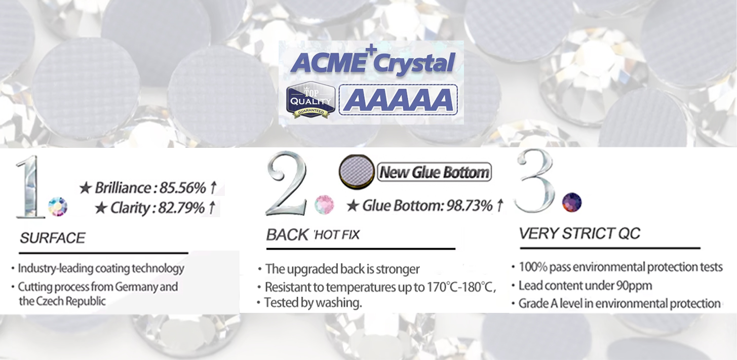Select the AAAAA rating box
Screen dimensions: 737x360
coord(398,100)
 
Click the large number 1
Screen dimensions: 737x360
coord(30,187)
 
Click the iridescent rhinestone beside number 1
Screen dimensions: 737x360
coord(58,207)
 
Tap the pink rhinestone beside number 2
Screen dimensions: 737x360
coord(324,205)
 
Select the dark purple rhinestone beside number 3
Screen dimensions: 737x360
coord(572,202)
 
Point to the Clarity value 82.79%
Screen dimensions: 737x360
coord(182,208)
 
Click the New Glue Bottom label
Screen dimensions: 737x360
coord(434,172)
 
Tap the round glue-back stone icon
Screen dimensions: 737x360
coord(357,172)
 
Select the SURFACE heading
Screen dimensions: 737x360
coord(53,238)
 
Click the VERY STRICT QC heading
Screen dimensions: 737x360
coord(579,233)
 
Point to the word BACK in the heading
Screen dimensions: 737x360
coord(287,235)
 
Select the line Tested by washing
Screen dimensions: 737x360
coord(313,303)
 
